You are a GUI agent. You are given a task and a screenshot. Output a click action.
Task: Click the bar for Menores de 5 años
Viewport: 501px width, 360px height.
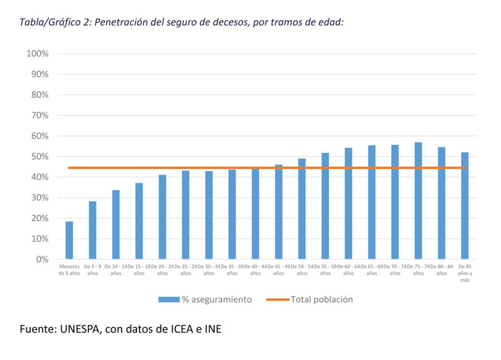click(x=70, y=240)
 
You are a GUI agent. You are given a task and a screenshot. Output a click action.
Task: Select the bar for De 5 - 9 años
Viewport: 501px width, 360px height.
click(x=93, y=230)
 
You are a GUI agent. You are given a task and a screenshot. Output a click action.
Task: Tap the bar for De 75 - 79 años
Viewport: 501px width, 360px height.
click(x=418, y=201)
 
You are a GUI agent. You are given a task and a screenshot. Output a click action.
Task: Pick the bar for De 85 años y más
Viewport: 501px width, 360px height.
click(x=465, y=206)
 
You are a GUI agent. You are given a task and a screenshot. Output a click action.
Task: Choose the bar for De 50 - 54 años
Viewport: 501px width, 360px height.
click(x=302, y=209)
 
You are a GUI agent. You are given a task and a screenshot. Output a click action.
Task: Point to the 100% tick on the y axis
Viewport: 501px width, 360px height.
click(x=38, y=54)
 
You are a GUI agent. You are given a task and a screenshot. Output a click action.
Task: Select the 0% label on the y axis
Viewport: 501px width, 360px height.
click(x=41, y=259)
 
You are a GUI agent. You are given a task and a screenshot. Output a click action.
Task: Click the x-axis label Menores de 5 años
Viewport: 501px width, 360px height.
click(x=70, y=270)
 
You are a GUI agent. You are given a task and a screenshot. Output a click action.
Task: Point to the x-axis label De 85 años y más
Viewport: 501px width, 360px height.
click(x=465, y=273)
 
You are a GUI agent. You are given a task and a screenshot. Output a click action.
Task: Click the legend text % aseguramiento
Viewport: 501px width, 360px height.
click(x=217, y=300)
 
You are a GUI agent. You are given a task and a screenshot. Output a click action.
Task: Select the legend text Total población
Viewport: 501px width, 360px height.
click(x=322, y=300)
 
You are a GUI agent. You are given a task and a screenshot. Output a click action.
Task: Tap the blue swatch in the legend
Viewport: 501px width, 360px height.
click(x=168, y=300)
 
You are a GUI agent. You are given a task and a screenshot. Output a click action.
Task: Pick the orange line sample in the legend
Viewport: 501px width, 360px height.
click(x=277, y=300)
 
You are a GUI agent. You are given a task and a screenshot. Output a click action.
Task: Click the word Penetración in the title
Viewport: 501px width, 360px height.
click(x=120, y=22)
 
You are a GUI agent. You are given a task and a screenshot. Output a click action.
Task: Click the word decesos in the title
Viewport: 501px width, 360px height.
click(x=224, y=22)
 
